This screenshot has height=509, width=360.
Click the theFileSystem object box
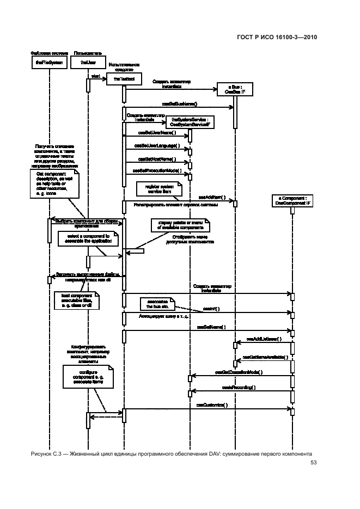pos(49,63)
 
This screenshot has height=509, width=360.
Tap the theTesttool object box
pos(124,79)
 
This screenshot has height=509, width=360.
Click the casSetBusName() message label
pos(180,103)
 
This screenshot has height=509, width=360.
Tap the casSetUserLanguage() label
pos(157,146)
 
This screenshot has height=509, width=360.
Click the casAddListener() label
pos(264,339)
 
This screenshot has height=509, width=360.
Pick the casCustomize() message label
pos(212,406)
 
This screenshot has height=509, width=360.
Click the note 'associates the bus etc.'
pos(157,303)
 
